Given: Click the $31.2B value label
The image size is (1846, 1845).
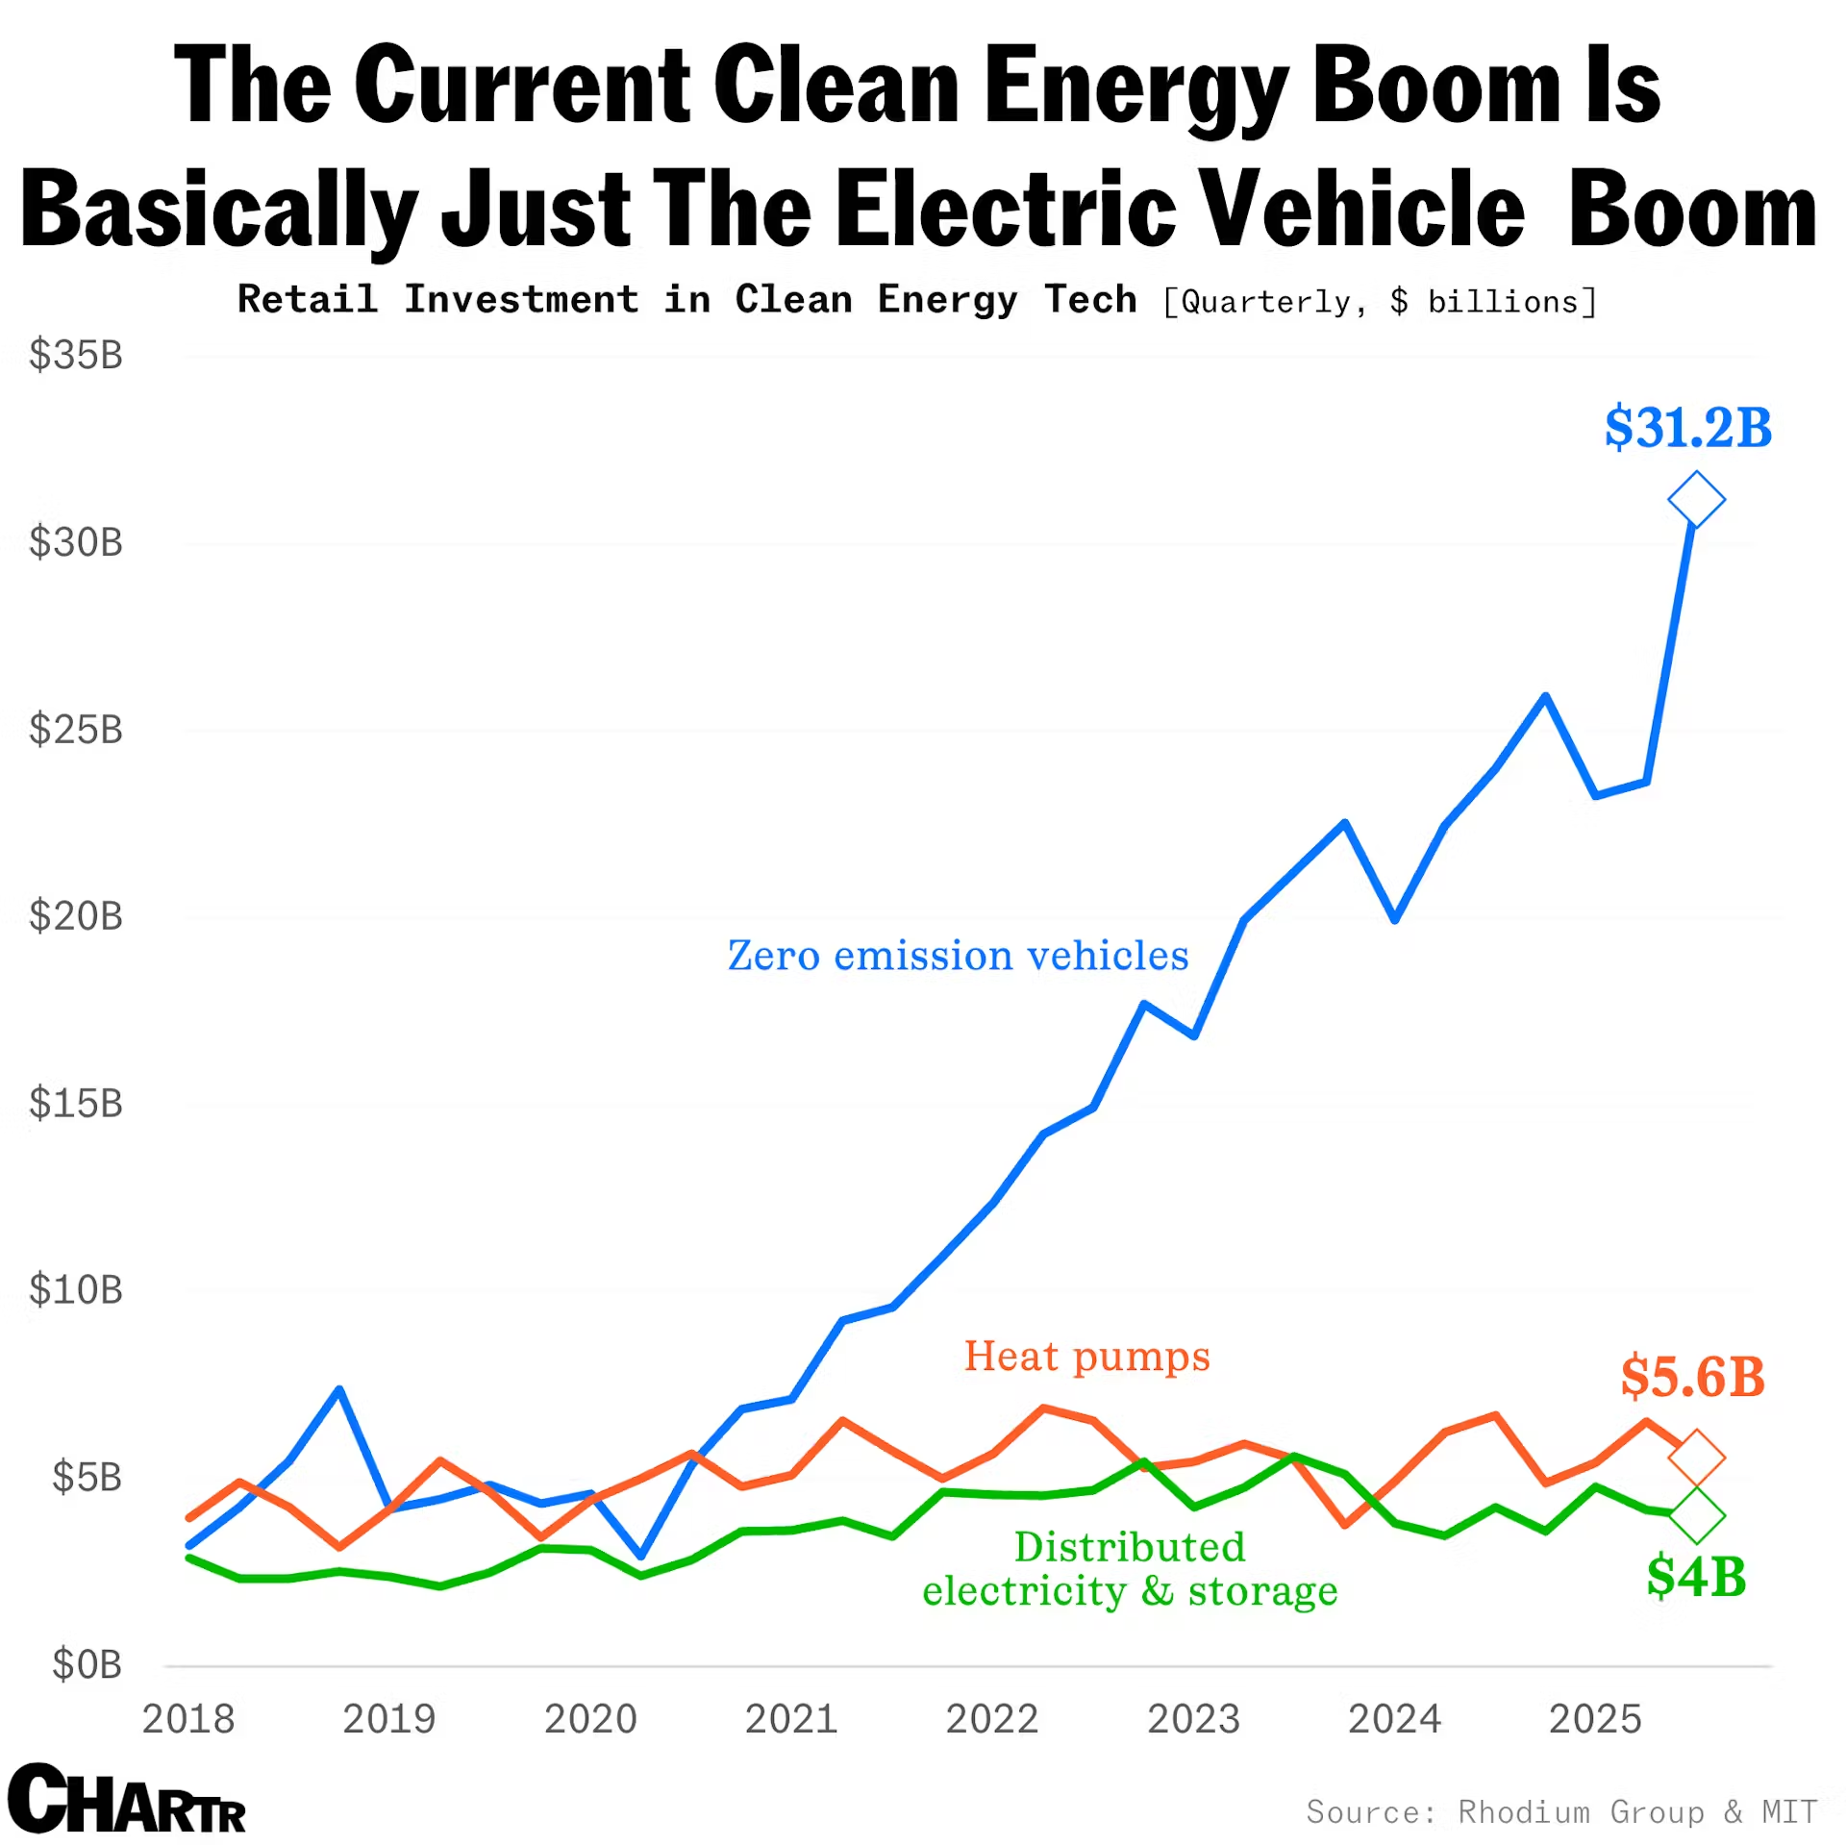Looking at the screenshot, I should (x=1687, y=428).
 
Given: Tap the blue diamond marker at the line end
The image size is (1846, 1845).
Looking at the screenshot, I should (x=1696, y=499).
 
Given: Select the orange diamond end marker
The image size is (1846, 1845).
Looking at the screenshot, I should (x=1696, y=1457).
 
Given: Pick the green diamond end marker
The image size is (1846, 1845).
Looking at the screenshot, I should (x=1697, y=1515).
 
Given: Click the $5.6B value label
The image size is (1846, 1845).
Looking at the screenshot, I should (x=1692, y=1377).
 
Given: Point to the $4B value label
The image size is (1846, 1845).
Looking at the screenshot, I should (x=1696, y=1577).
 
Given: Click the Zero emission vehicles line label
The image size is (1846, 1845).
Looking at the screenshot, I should (x=958, y=956).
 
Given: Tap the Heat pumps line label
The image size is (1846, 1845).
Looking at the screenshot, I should (x=1086, y=1356).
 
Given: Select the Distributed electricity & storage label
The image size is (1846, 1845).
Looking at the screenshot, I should (x=1130, y=1568).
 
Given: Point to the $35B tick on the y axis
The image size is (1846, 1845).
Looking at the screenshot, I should (x=76, y=355).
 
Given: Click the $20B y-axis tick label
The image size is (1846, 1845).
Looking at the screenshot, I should (x=76, y=915).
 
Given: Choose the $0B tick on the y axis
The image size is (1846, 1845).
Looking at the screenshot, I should (x=87, y=1663).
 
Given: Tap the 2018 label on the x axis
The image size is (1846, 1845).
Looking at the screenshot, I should (x=188, y=1719).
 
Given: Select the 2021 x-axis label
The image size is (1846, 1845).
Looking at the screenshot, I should (x=791, y=1719).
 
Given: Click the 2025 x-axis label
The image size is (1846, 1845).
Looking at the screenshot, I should (x=1595, y=1719).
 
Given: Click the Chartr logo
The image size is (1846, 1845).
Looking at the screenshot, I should (x=127, y=1798).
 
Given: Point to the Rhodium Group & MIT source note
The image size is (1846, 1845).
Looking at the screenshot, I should (x=1561, y=1811).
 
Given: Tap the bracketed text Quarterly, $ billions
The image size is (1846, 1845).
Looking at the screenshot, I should (x=1380, y=302).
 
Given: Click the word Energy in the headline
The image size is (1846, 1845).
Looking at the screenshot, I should (x=1135, y=87).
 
